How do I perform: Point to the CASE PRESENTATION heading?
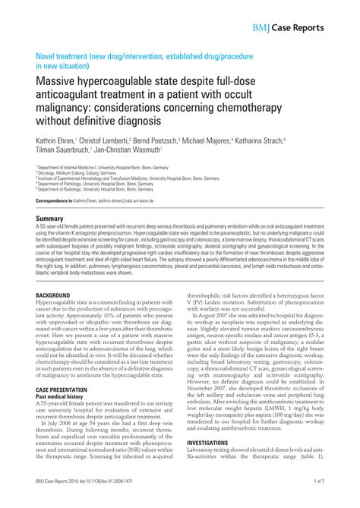pyautogui.click(x=66, y=389)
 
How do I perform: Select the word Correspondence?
pyautogui.click(x=53, y=200)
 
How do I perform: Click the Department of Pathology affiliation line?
pyautogui.click(x=88, y=184)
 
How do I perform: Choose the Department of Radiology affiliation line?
pyautogui.click(x=88, y=189)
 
